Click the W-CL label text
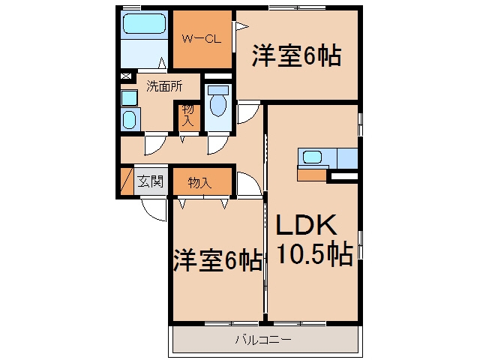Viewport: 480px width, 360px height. pyautogui.click(x=202, y=39)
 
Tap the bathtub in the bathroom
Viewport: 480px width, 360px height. pyautogui.click(x=144, y=24)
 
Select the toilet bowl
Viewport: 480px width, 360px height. pyautogui.click(x=218, y=105)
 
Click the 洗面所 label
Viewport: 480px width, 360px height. pyautogui.click(x=164, y=86)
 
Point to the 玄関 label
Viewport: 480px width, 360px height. pyautogui.click(x=150, y=181)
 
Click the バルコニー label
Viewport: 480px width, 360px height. pyautogui.click(x=263, y=340)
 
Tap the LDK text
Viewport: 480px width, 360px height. pyautogui.click(x=306, y=225)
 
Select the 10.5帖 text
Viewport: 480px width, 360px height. pyautogui.click(x=315, y=253)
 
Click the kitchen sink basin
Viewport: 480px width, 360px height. pyautogui.click(x=312, y=157)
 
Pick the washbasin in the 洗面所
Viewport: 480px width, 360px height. pyautogui.click(x=129, y=119)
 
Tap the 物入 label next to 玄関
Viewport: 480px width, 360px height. pyautogui.click(x=199, y=183)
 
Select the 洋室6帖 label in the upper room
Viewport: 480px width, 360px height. pyautogui.click(x=296, y=55)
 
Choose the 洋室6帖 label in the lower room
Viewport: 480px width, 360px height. pyautogui.click(x=218, y=260)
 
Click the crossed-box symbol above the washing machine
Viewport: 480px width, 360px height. pyautogui.click(x=126, y=76)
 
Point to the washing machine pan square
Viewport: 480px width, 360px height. pyautogui.click(x=129, y=98)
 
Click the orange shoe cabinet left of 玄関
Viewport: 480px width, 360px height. pyautogui.click(x=127, y=181)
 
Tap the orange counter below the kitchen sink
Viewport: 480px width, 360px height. pyautogui.click(x=312, y=175)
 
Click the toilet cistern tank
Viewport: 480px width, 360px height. pyautogui.click(x=218, y=90)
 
